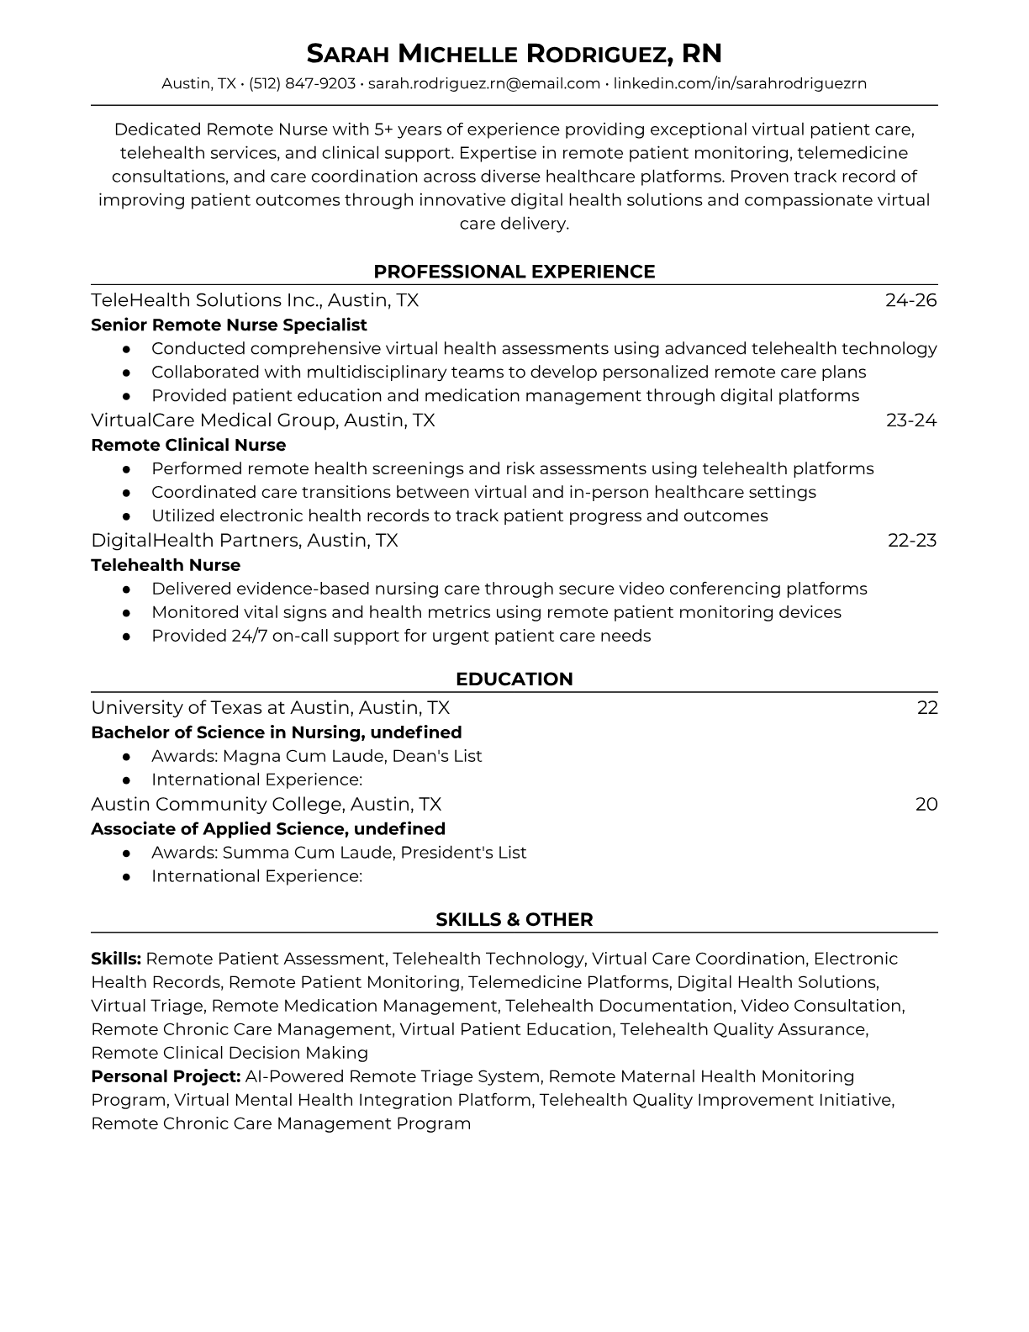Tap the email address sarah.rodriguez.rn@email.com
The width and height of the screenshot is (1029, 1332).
(484, 83)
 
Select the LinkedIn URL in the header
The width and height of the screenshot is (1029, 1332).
(740, 83)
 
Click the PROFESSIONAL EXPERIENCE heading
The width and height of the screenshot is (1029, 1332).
(514, 272)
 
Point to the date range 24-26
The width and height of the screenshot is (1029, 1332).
(910, 300)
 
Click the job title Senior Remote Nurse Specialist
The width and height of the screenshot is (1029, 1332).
(229, 325)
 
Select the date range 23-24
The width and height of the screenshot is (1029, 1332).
(910, 420)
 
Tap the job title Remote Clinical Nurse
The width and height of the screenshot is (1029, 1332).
(188, 445)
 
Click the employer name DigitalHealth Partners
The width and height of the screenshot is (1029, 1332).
(195, 540)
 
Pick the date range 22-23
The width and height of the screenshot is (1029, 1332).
(911, 540)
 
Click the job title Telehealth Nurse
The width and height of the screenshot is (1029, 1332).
(166, 565)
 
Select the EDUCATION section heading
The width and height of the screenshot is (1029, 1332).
(514, 679)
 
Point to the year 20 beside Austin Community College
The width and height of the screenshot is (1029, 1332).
(926, 804)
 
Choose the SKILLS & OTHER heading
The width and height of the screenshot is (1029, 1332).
(514, 920)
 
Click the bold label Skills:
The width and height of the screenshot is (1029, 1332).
(116, 959)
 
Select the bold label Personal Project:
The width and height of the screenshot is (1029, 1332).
(166, 1076)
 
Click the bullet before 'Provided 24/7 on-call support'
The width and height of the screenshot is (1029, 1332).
(126, 637)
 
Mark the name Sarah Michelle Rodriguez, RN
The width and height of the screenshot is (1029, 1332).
(514, 54)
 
